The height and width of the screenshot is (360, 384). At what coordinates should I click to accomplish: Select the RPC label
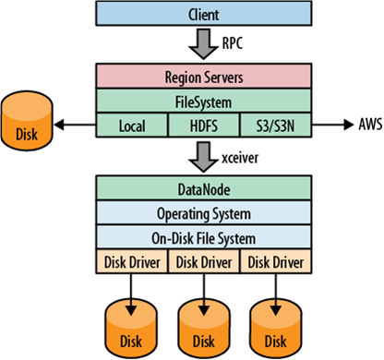(x=234, y=42)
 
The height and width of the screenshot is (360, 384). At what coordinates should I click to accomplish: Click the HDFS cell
(x=191, y=122)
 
